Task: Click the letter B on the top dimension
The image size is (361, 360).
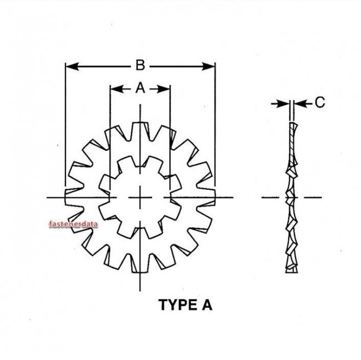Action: coord(141,66)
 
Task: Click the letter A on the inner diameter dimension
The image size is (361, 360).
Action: coord(140,88)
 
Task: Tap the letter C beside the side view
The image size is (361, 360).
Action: coord(319,102)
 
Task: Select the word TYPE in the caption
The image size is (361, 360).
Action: coord(176,305)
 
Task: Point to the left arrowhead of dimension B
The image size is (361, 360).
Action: coord(69,67)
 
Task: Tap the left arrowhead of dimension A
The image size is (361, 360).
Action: coord(114,88)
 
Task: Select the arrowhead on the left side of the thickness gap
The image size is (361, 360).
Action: coord(285,103)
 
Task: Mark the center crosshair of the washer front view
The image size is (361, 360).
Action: coord(140,197)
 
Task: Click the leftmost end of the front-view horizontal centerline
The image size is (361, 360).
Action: coord(48,197)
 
